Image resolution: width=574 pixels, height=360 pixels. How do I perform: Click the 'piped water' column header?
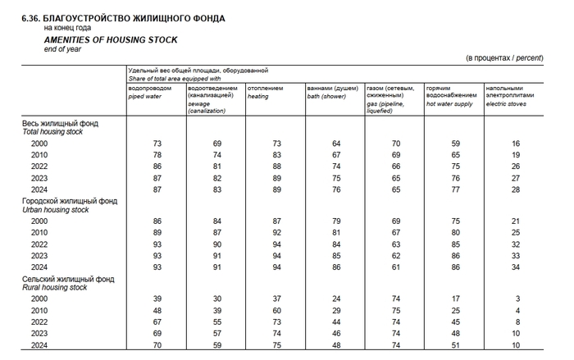point(146,96)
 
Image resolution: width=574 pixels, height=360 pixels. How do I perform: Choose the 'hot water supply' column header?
point(450,103)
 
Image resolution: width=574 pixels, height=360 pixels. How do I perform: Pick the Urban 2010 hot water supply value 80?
point(456,233)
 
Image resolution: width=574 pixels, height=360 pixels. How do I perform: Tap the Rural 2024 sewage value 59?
point(217,345)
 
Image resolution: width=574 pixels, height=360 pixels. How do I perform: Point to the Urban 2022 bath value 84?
point(336,244)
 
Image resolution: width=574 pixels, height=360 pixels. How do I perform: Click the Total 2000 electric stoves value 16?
point(516,144)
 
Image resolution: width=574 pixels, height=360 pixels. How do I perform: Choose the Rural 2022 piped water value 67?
point(157,322)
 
